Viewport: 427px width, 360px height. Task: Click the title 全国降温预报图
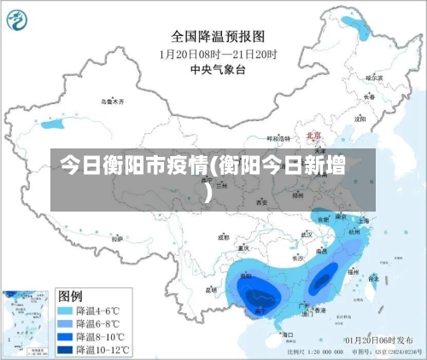218,37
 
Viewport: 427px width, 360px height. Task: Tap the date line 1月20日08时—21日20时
219,54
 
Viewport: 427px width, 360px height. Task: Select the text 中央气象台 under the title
217,69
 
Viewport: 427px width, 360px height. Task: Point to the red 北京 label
313,136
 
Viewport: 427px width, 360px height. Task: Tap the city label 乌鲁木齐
113,102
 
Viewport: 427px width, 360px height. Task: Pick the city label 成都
224,238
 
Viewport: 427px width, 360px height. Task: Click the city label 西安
262,203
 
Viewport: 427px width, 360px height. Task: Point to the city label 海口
289,335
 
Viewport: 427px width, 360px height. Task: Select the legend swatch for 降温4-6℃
66,311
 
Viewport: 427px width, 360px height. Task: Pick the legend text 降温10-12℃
103,348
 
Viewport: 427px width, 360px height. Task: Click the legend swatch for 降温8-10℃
66,336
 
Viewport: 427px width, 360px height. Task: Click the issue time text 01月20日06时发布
373,340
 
